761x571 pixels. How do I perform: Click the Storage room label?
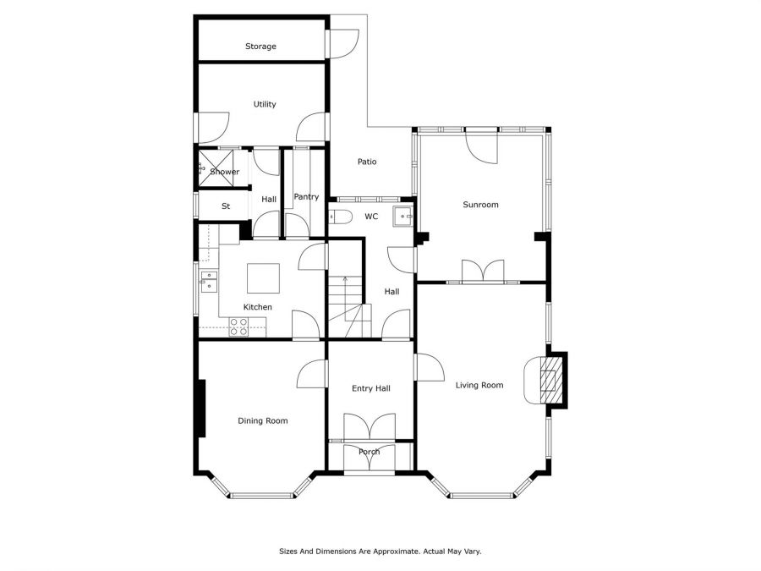[x=260, y=47]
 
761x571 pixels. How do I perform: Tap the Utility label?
[x=265, y=104]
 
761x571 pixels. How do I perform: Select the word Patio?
[x=367, y=162]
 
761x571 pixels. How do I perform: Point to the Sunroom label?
[x=480, y=205]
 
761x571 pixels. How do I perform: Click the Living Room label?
[x=479, y=386]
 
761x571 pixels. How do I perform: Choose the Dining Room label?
[x=263, y=421]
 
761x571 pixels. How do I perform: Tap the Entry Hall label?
[x=371, y=388]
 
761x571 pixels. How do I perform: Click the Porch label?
[x=370, y=452]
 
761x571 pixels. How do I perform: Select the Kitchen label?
[x=257, y=307]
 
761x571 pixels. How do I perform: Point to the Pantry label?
[x=306, y=196]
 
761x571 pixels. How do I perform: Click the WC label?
[x=371, y=217]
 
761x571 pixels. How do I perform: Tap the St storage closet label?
[x=226, y=206]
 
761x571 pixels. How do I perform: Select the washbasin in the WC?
[x=402, y=217]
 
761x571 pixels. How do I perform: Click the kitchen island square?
[x=264, y=278]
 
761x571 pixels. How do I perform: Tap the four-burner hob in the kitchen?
[x=238, y=327]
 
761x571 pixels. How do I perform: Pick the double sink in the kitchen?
[x=209, y=282]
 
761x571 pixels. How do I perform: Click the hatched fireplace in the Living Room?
[x=549, y=380]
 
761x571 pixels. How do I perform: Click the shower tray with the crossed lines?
[x=216, y=168]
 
